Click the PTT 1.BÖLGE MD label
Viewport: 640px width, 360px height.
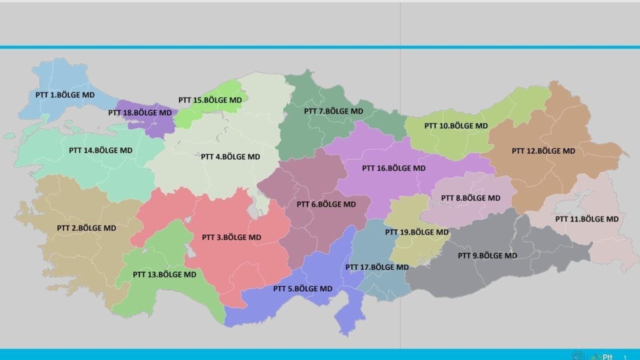pos(65,94)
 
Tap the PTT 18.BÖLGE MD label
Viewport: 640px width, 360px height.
pos(139,112)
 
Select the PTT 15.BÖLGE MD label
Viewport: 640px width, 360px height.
pos(210,100)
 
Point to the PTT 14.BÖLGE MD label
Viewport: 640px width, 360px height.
pos(100,150)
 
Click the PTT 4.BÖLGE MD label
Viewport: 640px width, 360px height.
pos(230,156)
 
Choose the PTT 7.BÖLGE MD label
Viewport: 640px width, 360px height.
pos(333,111)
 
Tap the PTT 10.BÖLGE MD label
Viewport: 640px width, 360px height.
pos(456,125)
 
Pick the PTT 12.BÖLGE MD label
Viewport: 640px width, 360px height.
pos(543,150)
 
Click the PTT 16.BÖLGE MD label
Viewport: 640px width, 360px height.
pos(394,168)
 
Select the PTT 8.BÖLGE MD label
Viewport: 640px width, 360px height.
pos(470,198)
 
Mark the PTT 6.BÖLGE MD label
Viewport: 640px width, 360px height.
pos(326,204)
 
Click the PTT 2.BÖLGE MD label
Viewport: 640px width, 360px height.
pos(86,228)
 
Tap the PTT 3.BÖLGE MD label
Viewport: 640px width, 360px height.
pos(231,237)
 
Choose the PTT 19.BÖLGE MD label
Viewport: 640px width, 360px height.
pos(417,232)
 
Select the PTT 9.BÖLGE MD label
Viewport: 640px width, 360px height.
pos(487,255)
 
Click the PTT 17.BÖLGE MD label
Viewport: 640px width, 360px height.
pos(377,267)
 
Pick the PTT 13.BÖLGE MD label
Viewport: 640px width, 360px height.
pos(164,274)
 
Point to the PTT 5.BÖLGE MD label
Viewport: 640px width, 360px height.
pos(302,288)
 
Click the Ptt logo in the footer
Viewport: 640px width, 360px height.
pos(602,356)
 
